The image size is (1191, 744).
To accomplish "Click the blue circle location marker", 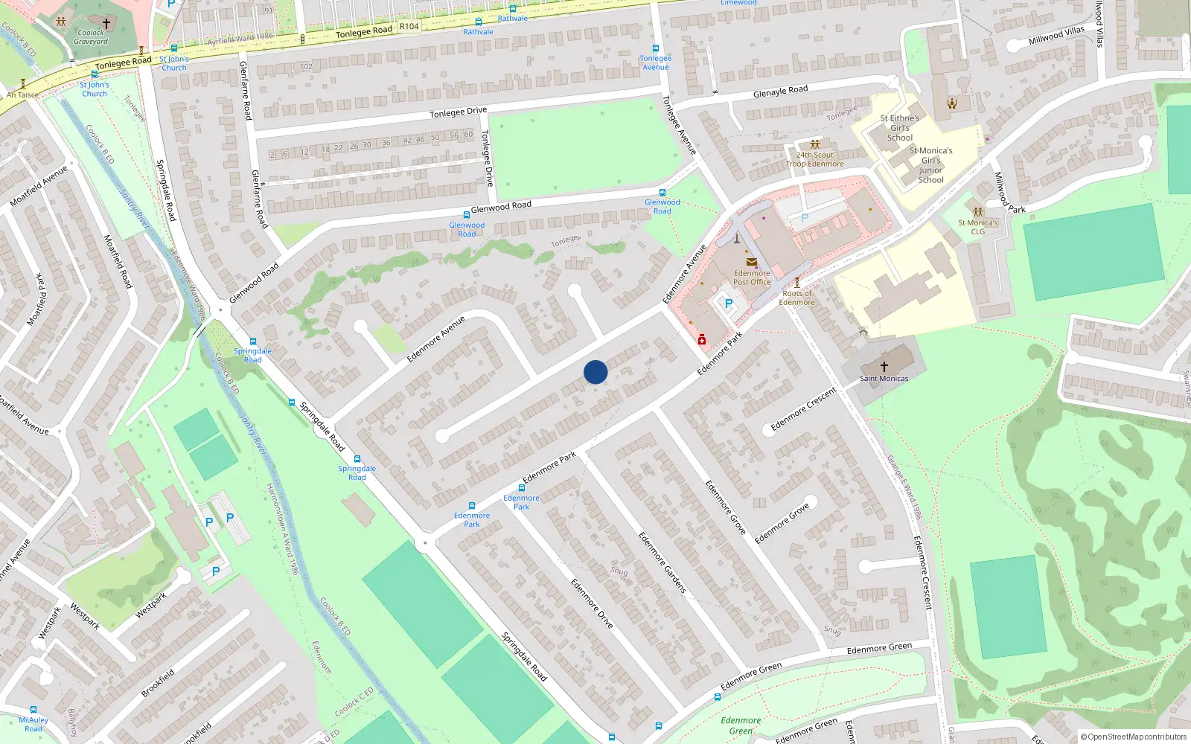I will [595, 372].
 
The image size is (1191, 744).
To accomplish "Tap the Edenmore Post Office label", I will [752, 278].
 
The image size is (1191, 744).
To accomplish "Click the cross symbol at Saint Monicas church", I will [884, 366].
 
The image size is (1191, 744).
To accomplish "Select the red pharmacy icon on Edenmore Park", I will [701, 340].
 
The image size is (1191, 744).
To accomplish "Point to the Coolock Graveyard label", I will [91, 36].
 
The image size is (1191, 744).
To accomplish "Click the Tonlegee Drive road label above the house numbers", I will [458, 112].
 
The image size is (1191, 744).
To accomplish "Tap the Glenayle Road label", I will [780, 91].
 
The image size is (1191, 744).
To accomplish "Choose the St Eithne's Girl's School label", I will [899, 128].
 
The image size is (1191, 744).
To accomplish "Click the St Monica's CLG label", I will [977, 227].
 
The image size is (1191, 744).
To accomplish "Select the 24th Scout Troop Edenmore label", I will [814, 159].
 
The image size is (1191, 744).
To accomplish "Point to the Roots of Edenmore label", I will [796, 298].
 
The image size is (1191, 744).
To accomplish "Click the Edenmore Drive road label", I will [592, 603].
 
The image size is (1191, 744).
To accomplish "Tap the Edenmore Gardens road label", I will [662, 562].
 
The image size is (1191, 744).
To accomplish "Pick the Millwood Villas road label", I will [1056, 35].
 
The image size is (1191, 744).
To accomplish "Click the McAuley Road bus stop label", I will [33, 724].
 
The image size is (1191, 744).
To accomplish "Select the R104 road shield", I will [409, 26].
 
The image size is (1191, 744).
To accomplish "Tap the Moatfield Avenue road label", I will [39, 185].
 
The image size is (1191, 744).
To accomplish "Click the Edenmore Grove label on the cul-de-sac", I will [782, 523].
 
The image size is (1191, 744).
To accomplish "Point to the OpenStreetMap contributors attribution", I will [1133, 737].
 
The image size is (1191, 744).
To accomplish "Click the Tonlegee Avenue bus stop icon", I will [655, 48].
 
